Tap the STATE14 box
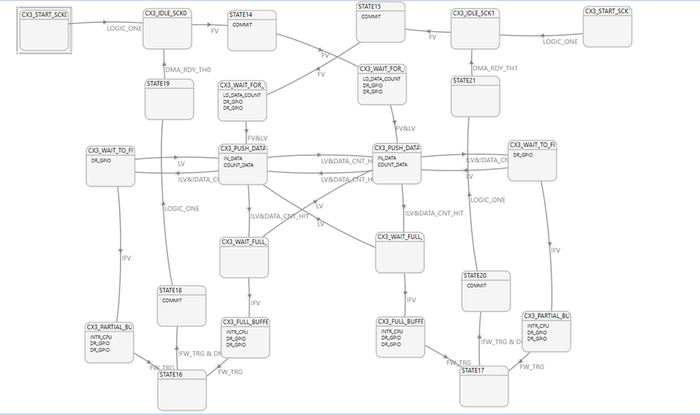click(252, 31)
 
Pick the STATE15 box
click(380, 22)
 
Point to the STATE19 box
click(168, 99)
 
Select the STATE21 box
click(474, 97)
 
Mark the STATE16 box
click(181, 391)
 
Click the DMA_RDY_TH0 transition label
click(187, 69)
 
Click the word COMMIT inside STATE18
click(172, 300)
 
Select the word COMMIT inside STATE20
click(476, 286)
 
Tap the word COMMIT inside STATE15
click(371, 17)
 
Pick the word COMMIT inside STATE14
click(242, 24)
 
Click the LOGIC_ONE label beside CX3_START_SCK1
click(561, 41)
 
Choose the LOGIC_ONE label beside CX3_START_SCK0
click(124, 29)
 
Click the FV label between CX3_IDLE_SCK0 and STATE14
click(214, 31)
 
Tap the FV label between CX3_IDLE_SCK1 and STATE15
click(432, 36)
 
